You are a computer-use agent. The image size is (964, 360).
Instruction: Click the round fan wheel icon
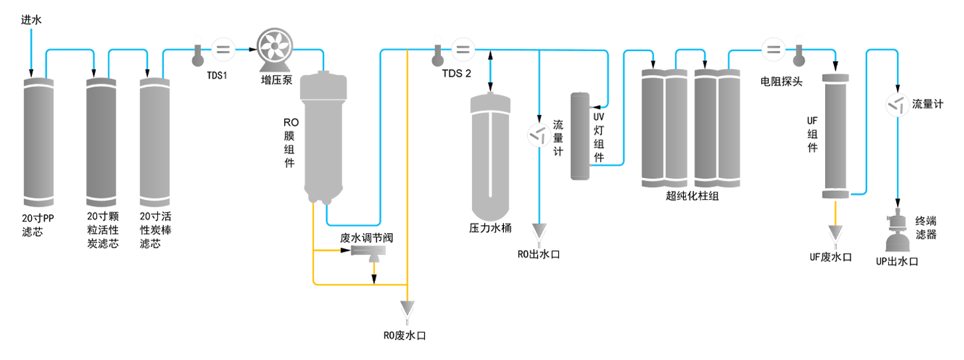[274, 47]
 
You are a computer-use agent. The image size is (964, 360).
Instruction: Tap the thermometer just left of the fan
[197, 52]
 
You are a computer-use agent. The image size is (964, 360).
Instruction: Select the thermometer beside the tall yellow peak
[436, 54]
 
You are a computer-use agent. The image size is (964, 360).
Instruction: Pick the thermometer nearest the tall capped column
[798, 52]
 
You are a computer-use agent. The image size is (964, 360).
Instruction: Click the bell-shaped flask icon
[897, 234]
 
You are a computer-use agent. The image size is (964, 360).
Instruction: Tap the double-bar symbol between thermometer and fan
[224, 48]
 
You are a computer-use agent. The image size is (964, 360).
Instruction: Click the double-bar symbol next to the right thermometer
[773, 48]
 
